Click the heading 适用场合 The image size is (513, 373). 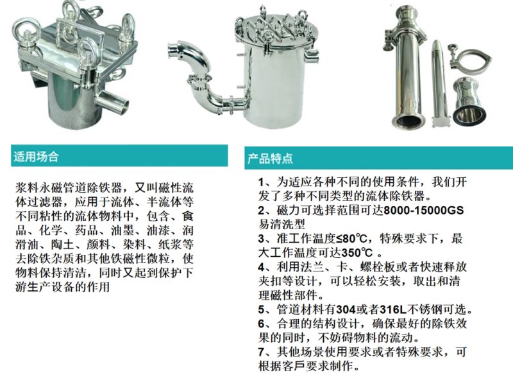pos(35,156)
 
